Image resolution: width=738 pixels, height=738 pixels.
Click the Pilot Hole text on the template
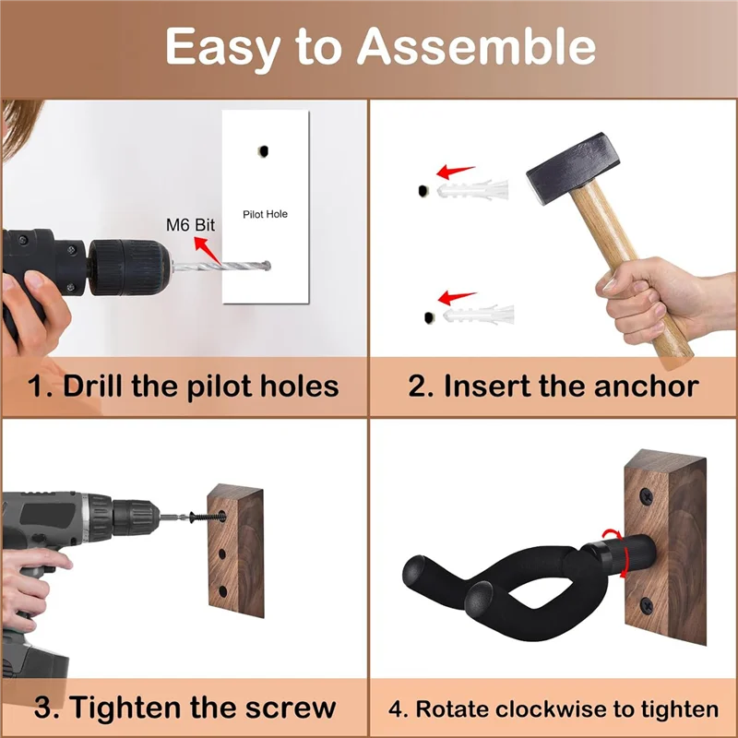point(265,214)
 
